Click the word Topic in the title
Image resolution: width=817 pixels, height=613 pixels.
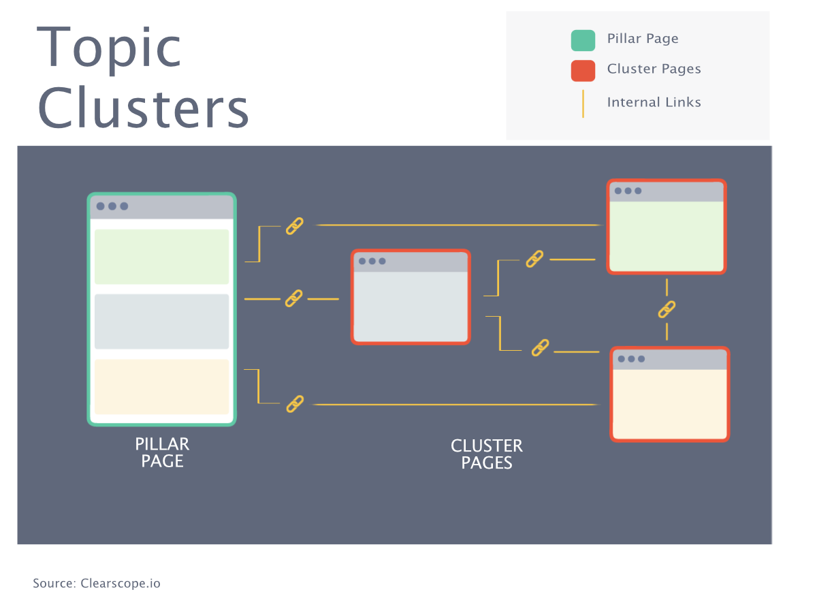(109, 48)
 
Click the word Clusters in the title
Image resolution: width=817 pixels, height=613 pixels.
(143, 109)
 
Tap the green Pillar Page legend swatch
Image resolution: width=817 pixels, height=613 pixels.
(583, 40)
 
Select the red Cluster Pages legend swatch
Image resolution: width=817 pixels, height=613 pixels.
(583, 70)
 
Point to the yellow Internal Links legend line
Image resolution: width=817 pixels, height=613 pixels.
(583, 104)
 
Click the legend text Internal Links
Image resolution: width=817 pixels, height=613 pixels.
(654, 102)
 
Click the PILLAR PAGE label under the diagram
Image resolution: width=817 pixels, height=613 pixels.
(162, 453)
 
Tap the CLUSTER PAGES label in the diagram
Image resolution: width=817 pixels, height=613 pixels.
(486, 454)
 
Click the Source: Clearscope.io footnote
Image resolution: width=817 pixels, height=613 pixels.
(97, 584)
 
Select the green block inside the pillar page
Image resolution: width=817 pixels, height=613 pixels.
(162, 257)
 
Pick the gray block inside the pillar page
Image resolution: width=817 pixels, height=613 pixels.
(162, 321)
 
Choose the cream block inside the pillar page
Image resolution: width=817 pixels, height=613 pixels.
(162, 386)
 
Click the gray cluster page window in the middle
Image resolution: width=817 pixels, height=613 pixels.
(411, 306)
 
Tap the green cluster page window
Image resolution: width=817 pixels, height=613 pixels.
(667, 236)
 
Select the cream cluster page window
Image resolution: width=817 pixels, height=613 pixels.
(670, 403)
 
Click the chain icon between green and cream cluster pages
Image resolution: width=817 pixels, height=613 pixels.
(667, 309)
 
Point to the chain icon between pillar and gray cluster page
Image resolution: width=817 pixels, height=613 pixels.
(293, 298)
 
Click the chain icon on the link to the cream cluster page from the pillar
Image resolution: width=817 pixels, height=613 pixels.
(294, 404)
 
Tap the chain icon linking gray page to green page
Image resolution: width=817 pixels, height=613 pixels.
(534, 259)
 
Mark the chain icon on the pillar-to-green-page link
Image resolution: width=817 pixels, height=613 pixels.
(294, 226)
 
